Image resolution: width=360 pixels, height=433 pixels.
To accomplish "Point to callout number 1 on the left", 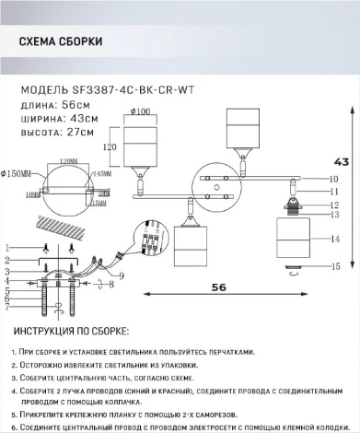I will [7, 248].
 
